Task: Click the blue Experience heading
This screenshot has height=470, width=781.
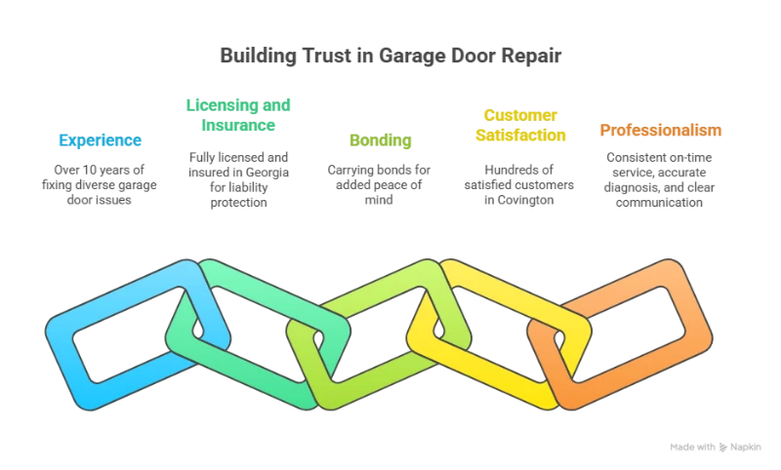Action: tap(102, 140)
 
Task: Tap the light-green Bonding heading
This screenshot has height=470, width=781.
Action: tap(380, 140)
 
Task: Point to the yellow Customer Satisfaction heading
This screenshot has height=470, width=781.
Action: tap(521, 127)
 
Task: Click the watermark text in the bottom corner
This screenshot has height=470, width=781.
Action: tap(718, 445)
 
